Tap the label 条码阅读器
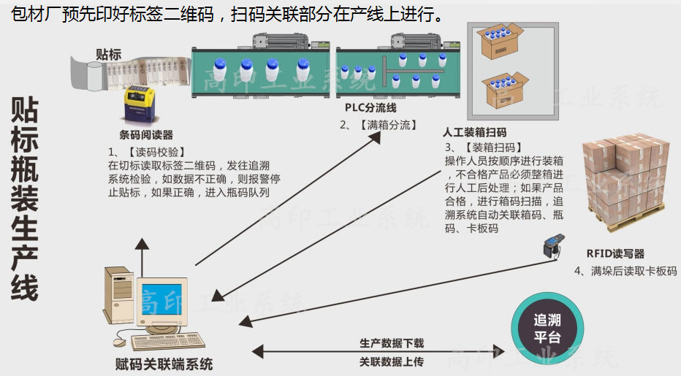click(x=146, y=134)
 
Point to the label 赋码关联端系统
click(x=164, y=364)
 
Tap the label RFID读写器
click(x=615, y=253)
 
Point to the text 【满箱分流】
click(x=387, y=125)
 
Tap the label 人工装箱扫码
click(x=474, y=133)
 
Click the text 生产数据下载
click(x=391, y=342)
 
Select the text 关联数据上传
click(x=391, y=361)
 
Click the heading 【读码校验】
click(x=149, y=152)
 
